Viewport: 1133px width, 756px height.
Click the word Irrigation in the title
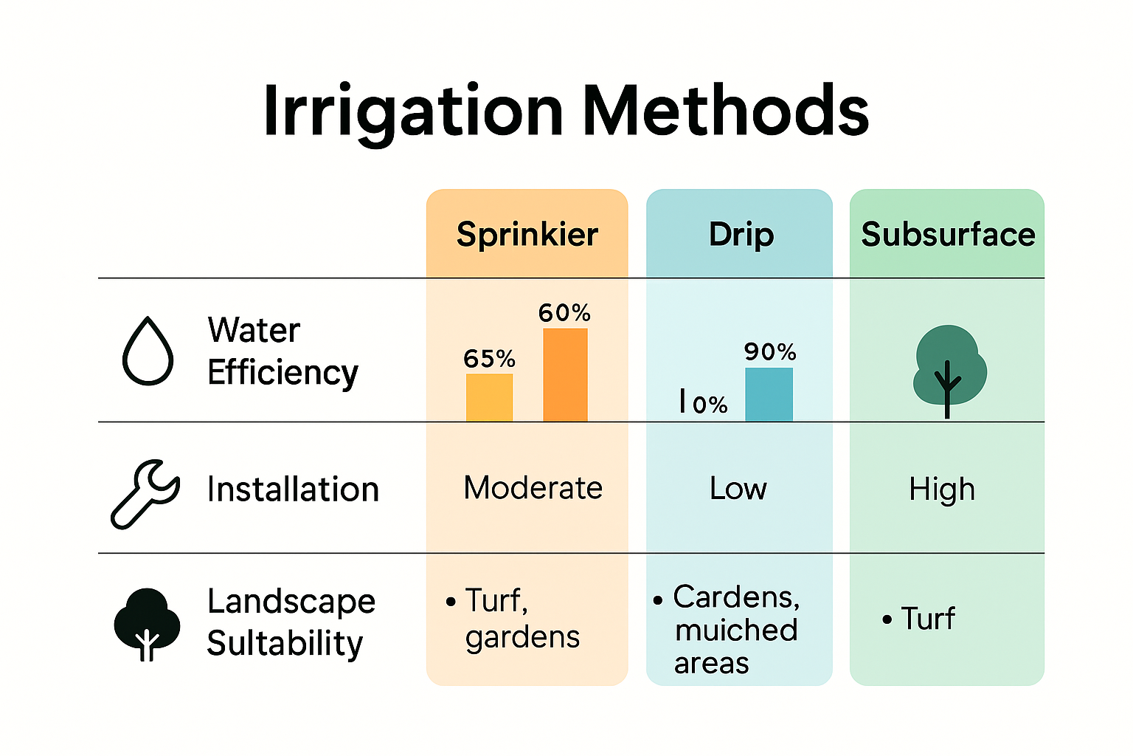[413, 111]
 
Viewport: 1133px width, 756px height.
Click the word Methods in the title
[726, 111]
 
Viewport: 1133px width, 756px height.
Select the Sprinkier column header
[527, 235]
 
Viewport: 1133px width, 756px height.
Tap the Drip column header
[741, 235]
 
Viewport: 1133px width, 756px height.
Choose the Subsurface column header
[948, 235]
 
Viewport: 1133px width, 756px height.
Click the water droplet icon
[148, 351]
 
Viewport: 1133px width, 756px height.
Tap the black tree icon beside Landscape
[147, 623]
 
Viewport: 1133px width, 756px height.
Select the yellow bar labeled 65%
[489, 397]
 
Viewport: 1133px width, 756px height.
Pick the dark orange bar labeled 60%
[565, 375]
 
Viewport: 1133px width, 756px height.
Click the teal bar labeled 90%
[769, 394]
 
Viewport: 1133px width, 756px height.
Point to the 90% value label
[769, 352]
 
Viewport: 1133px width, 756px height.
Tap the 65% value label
[489, 360]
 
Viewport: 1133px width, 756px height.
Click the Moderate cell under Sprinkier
[533, 488]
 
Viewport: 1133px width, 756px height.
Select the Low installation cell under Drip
[738, 489]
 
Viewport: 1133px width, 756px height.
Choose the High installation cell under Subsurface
[942, 489]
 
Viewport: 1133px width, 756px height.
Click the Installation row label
[293, 489]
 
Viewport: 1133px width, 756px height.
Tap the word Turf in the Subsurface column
[927, 619]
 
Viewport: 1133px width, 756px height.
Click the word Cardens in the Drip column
[735, 597]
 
